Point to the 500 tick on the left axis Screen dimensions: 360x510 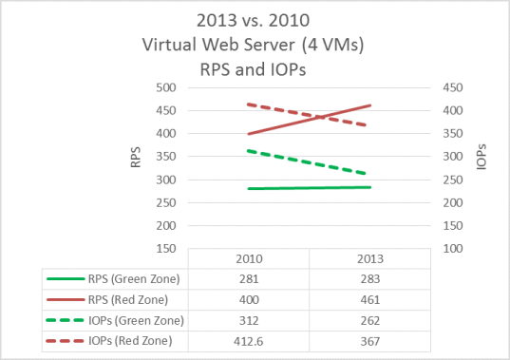[x=168, y=87]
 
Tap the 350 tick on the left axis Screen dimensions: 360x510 [x=168, y=157]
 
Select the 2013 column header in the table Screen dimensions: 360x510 [x=368, y=259]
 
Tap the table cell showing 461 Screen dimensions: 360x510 [x=368, y=300]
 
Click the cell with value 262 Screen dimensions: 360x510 [x=368, y=320]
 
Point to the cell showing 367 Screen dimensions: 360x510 [x=368, y=340]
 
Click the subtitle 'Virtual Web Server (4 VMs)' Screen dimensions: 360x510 [x=254, y=46]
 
